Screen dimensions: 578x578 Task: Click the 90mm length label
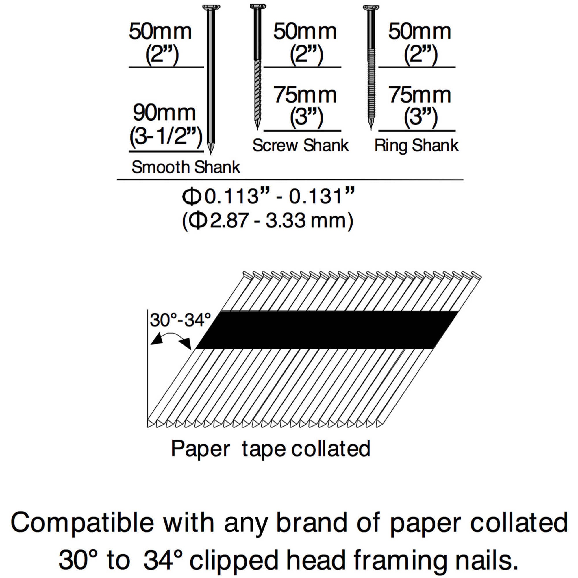[164, 113]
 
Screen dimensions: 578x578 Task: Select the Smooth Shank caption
[186, 167]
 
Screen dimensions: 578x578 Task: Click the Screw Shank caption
[301, 146]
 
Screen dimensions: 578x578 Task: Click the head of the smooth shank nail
[211, 7]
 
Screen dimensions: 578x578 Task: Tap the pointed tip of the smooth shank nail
[211, 154]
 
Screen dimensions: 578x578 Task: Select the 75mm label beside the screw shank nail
[305, 95]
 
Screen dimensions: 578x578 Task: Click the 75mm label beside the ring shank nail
[419, 95]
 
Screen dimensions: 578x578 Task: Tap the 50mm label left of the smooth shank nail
[160, 32]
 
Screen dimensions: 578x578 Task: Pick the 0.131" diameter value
[322, 197]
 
